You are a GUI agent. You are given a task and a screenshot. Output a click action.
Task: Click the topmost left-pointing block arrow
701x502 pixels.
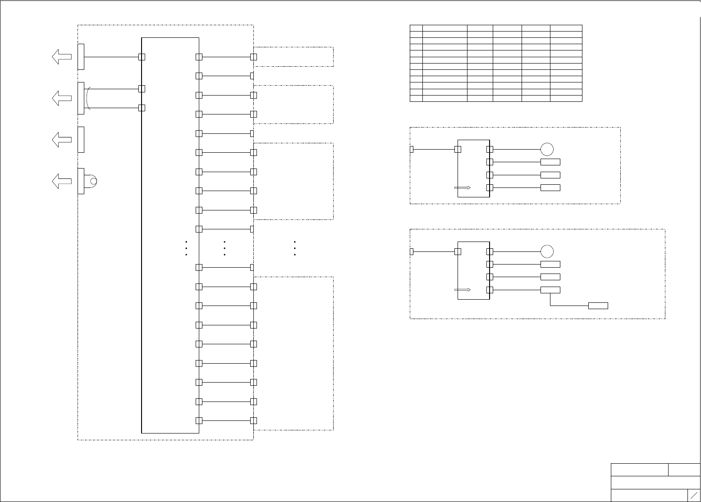(62, 57)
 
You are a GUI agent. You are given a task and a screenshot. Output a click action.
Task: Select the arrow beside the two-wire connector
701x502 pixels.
(62, 98)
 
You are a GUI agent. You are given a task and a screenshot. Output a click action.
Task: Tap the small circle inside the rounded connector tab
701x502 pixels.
(93, 181)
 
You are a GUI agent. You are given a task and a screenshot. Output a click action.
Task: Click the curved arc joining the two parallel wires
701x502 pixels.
(87, 98)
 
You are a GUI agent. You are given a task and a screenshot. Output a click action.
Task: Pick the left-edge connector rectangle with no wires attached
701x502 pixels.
(81, 140)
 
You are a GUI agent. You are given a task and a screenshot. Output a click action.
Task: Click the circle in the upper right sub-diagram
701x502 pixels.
(547, 149)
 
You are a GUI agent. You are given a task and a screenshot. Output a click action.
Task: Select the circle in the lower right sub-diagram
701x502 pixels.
(547, 251)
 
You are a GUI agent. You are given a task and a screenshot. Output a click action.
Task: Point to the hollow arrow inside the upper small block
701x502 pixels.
(463, 187)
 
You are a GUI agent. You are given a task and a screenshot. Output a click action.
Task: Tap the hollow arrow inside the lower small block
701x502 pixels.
(463, 290)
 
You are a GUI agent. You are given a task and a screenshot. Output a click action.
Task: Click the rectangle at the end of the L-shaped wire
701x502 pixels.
(598, 306)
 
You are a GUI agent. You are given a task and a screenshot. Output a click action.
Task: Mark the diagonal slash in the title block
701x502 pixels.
(694, 495)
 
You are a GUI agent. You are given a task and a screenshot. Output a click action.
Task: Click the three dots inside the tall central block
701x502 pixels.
(186, 248)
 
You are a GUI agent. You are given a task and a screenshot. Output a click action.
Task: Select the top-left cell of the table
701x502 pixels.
(416, 28)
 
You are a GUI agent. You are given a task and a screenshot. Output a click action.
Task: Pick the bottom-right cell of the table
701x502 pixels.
(566, 99)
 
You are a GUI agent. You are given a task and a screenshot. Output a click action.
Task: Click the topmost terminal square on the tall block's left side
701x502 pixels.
(142, 57)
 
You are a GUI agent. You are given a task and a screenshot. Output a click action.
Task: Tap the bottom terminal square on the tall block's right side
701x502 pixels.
(199, 420)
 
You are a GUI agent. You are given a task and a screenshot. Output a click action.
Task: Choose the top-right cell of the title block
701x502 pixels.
(684, 470)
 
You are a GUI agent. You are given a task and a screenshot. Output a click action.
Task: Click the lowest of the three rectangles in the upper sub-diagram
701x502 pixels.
(550, 187)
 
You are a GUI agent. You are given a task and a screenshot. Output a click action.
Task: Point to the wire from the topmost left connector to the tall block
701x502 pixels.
(111, 57)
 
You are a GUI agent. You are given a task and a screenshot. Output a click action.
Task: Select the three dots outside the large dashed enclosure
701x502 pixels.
(294, 248)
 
